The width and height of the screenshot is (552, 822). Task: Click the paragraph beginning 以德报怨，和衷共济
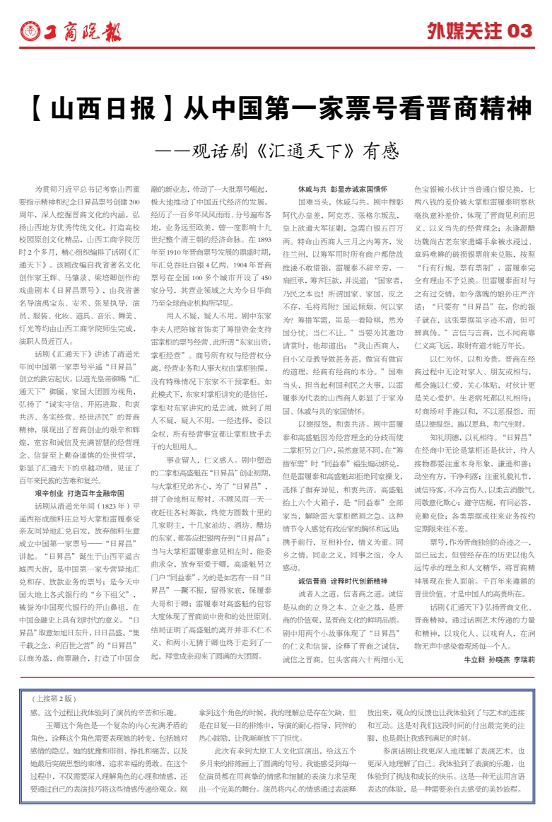(343, 424)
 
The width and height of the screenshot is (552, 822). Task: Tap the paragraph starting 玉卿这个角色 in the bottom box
(106, 750)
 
